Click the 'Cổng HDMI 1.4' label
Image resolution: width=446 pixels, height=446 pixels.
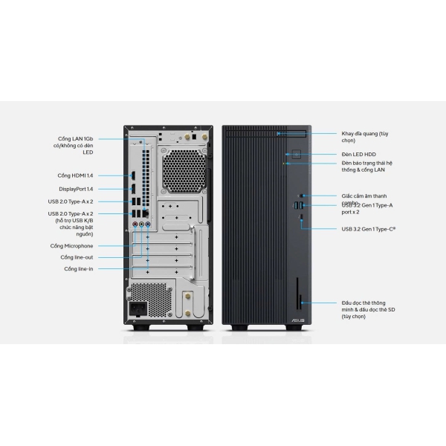pyautogui.click(x=74, y=175)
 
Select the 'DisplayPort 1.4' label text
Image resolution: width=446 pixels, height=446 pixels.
pyautogui.click(x=76, y=189)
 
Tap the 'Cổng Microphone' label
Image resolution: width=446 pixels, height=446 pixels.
pyautogui.click(x=71, y=245)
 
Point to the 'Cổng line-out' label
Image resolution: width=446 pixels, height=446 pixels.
pyautogui.click(x=77, y=257)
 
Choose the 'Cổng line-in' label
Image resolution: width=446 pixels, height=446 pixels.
pyautogui.click(x=78, y=268)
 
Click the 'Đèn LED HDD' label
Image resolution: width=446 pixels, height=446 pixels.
pyautogui.click(x=360, y=154)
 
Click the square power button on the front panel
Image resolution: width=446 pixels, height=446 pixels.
pyautogui.click(x=296, y=154)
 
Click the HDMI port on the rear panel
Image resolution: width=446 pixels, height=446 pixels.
pyautogui.click(x=133, y=176)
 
